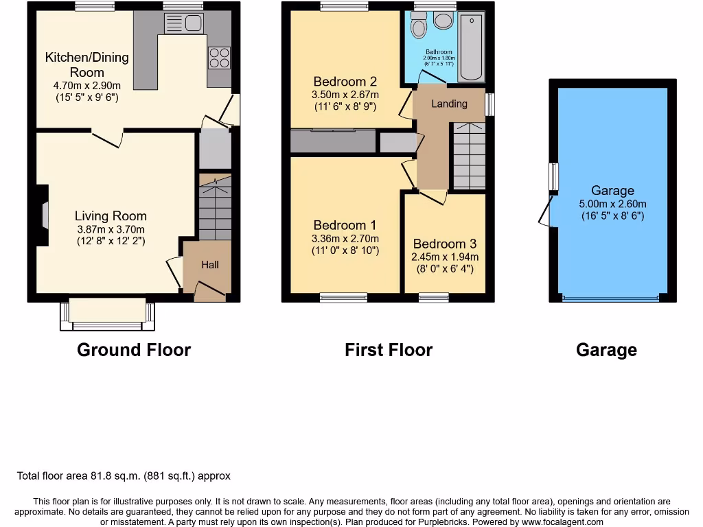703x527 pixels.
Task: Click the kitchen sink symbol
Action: (183, 23)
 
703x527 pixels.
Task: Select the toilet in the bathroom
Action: (417, 26)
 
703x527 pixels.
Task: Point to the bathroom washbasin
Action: (443, 21)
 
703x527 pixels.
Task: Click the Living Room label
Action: (111, 216)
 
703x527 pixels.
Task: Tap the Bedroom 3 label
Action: (445, 244)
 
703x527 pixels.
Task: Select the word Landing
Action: (449, 104)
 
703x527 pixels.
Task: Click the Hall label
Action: (210, 265)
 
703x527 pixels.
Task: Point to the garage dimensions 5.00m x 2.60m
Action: (613, 204)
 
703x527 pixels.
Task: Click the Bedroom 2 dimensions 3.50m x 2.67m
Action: (345, 95)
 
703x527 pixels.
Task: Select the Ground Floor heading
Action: (134, 350)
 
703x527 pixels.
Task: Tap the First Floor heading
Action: (389, 350)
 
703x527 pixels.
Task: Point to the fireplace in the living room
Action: (43, 215)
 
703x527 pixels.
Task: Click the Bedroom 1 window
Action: (343, 298)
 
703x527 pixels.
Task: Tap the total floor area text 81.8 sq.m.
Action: (124, 476)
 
